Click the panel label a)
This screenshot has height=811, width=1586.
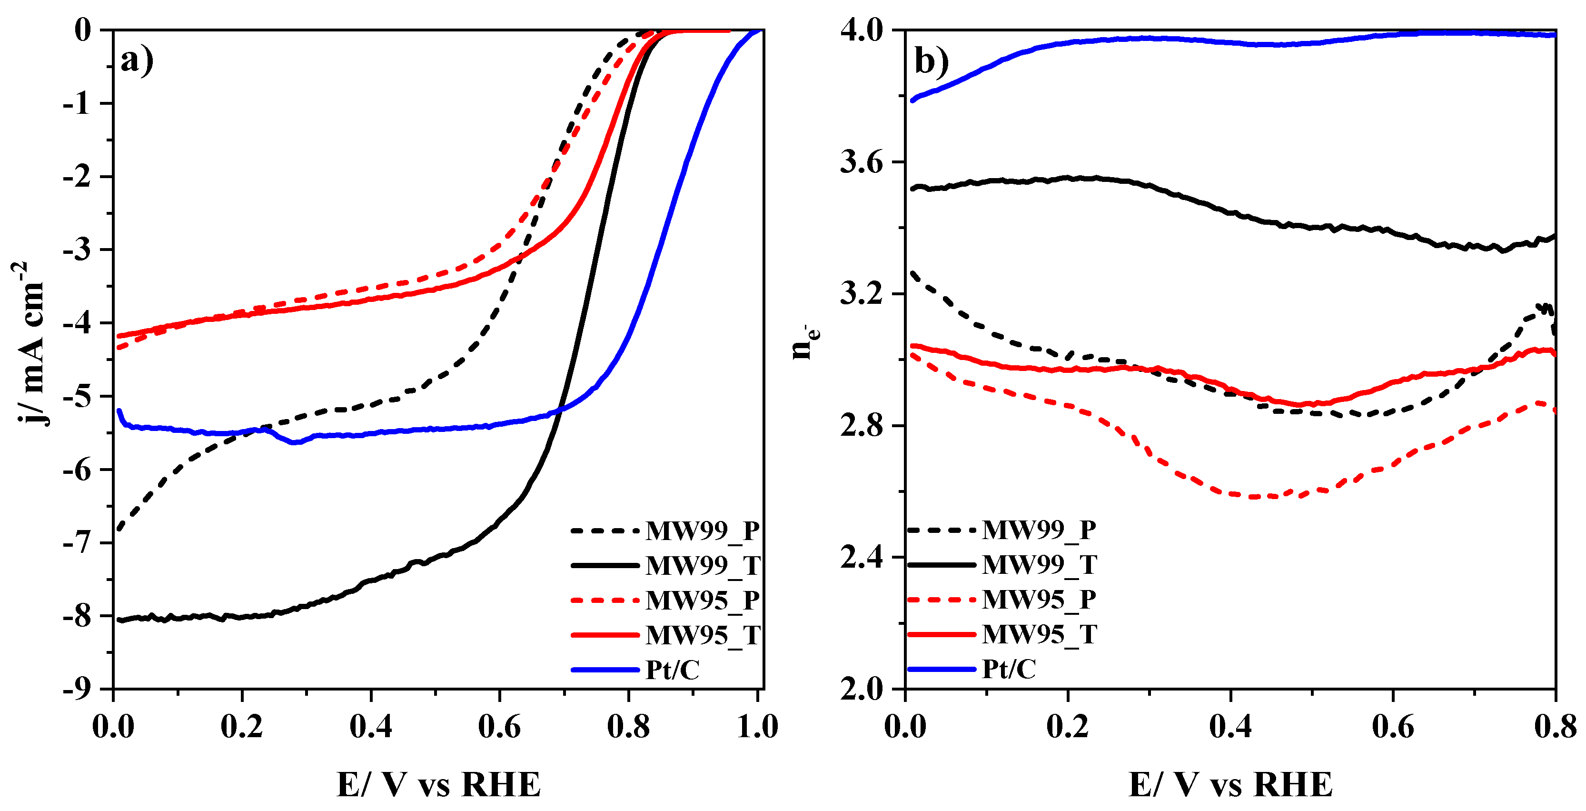[137, 60]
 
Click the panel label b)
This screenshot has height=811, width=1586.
[932, 60]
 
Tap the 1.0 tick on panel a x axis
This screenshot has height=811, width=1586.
[757, 727]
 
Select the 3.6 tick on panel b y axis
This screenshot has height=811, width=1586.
[862, 162]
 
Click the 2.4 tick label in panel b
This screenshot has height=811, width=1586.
[862, 557]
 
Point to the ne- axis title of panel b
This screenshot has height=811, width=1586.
[804, 342]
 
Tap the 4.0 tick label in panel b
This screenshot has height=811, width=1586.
[862, 30]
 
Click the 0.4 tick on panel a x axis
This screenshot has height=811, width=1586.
[371, 727]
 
